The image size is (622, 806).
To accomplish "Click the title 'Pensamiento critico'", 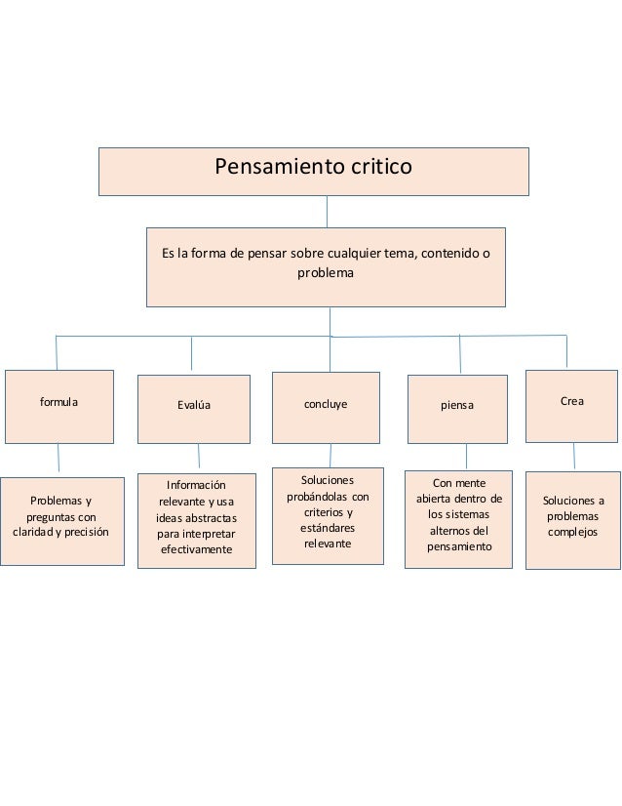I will coord(314,168).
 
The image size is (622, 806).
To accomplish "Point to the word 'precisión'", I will coord(88,532).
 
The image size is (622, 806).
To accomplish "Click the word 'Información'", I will coord(195,485).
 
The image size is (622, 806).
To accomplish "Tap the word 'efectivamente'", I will coord(195,549).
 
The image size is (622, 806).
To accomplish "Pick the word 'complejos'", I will coord(573,533).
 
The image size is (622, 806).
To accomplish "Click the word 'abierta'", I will coord(433,499).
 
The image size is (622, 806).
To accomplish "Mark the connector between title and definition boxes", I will coord(327,212).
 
